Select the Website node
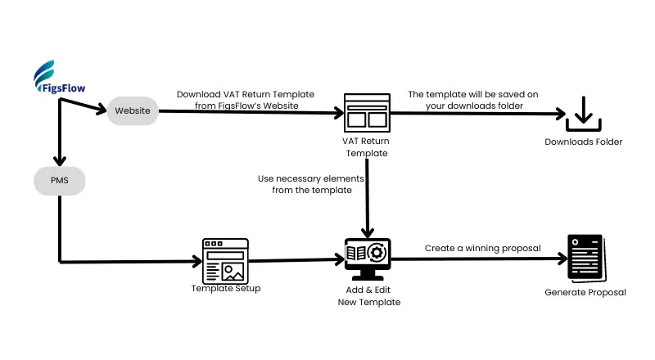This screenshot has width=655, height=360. tap(133, 110)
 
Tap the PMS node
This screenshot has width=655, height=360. tap(60, 178)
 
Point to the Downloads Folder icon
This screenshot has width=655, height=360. tap(584, 115)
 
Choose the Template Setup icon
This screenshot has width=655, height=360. tap(225, 260)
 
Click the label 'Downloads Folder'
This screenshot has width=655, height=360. tap(584, 142)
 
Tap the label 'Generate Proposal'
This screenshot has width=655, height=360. tap(585, 292)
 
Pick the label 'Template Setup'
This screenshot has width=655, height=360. tap(226, 288)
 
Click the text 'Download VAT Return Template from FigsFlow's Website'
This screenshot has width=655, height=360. tap(246, 99)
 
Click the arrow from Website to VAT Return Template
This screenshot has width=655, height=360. tap(246, 111)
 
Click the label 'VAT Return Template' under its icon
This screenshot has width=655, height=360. tap(365, 146)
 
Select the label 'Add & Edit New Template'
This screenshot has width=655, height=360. tap(368, 296)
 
